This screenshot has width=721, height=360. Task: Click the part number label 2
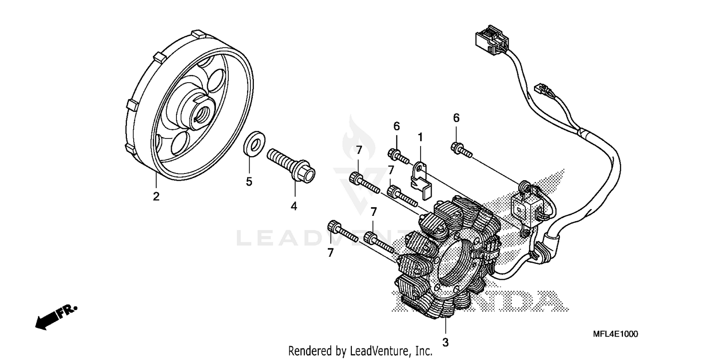pos(156,196)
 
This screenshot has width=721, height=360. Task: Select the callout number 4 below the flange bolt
pos(293,206)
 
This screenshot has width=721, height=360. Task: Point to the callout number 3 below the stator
pos(445,343)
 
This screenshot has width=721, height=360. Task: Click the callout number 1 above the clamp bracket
pos(420,137)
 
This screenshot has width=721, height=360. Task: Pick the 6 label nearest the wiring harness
pos(456,118)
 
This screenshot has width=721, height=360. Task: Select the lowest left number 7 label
pos(330,253)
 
